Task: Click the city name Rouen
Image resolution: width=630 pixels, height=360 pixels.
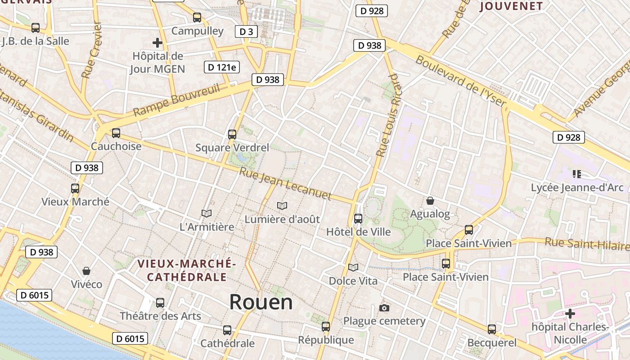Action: [x=261, y=302]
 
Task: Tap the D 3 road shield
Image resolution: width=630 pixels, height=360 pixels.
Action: [x=246, y=31]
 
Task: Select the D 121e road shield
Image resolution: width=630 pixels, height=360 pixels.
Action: [x=221, y=67]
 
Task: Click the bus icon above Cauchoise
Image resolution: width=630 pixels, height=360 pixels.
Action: [x=116, y=133]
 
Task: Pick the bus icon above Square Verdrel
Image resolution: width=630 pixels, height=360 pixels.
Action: [x=232, y=134]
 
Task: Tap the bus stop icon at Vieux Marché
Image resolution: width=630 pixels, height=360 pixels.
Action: [x=75, y=189]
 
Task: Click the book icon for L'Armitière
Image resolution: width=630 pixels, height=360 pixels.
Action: [x=207, y=213]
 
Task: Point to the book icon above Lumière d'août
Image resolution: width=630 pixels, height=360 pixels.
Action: [x=282, y=206]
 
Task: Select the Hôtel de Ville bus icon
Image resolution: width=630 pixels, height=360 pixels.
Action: [x=358, y=219]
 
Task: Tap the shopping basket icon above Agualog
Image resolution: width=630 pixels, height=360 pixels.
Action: [x=430, y=201]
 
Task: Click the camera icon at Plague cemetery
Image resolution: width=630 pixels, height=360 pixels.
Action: [x=384, y=308]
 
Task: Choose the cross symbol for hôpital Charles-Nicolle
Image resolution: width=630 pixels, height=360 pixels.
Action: [x=570, y=313]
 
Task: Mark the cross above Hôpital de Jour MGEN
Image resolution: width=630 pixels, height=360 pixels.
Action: [x=157, y=43]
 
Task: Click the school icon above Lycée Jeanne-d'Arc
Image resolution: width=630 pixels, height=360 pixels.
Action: [x=577, y=174]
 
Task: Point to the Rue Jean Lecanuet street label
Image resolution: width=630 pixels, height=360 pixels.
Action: [x=285, y=184]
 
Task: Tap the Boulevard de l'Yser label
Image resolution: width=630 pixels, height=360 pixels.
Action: [x=461, y=81]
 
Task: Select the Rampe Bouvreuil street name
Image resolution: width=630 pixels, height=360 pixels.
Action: [x=176, y=100]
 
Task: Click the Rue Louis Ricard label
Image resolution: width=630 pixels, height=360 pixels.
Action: [x=388, y=115]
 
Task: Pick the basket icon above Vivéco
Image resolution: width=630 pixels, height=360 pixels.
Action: [x=86, y=271]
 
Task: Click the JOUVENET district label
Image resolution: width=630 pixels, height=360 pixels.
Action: [x=511, y=6]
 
